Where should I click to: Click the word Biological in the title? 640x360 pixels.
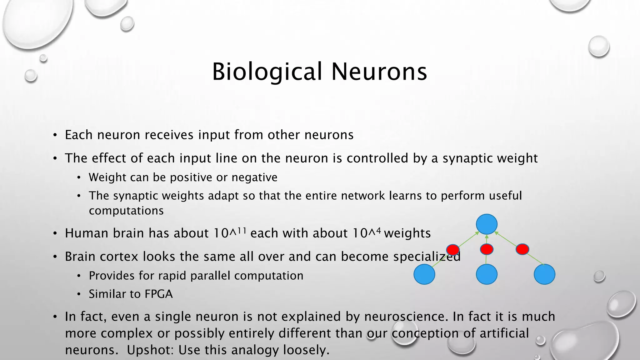coord(267,72)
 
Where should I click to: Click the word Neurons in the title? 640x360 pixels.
coord(379,72)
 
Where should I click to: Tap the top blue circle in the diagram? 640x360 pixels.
coord(487,224)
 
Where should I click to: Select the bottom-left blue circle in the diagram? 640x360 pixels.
coord(424,274)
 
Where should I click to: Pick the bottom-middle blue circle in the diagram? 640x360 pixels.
coord(487,274)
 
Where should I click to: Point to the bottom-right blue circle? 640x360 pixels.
coord(544,274)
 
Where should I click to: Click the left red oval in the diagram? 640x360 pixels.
coord(453,250)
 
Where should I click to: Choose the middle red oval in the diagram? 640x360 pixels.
coord(487,249)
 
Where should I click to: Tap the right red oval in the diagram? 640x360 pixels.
coord(522,249)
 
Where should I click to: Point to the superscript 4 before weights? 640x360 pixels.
coord(378,231)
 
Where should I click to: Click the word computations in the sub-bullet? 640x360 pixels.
coord(126,211)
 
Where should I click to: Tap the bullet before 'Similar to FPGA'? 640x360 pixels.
coord(79,294)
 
